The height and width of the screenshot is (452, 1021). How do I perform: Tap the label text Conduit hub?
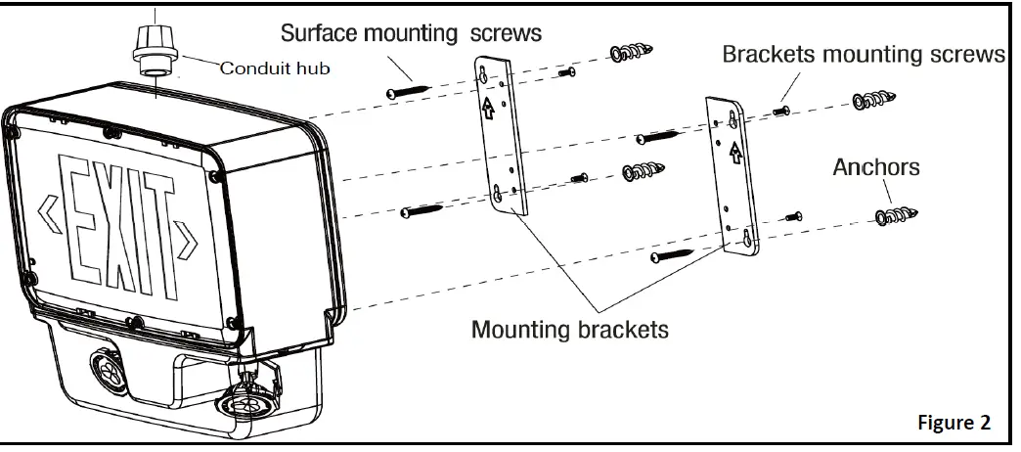[x=275, y=68]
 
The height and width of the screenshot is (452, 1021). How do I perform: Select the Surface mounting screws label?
[x=411, y=32]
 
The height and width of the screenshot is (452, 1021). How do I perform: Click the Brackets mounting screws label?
[x=864, y=54]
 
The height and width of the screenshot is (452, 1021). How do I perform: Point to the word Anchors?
[x=875, y=167]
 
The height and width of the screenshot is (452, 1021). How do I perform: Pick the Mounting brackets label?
[x=570, y=329]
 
